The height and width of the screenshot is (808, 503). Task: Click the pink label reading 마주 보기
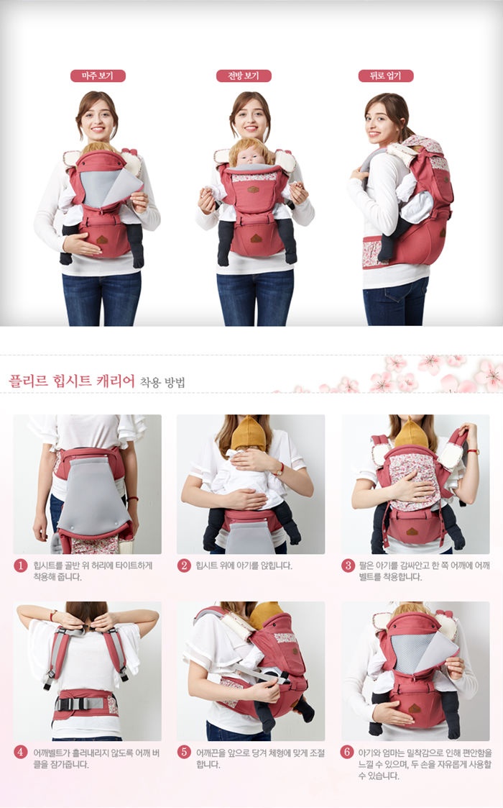pos(97,76)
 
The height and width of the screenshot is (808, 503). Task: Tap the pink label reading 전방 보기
pos(244,76)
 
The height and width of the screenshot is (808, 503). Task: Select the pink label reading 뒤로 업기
pos(385,76)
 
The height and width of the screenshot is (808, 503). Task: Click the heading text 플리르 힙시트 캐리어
pos(72,380)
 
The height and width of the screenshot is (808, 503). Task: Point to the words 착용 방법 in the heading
pos(162,381)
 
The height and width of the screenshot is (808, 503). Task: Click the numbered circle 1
pos(21,565)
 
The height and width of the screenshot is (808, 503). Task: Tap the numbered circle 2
pos(184,565)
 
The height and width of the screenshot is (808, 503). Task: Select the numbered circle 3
pos(348,565)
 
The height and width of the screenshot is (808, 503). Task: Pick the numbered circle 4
pos(21,753)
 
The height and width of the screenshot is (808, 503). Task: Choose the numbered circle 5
pos(184,753)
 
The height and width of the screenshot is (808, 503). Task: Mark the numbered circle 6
pos(348,753)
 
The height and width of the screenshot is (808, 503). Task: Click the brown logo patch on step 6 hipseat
pos(415,708)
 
